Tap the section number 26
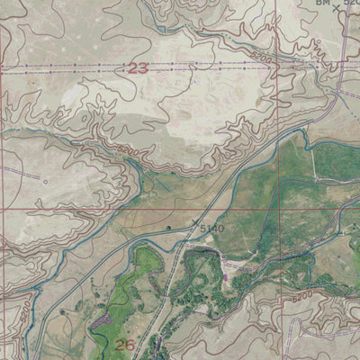click(125, 345)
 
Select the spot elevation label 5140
click(211, 229)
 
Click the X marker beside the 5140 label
click(193, 220)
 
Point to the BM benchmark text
click(322, 4)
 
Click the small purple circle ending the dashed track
click(45, 181)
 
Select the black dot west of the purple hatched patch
click(63, 310)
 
